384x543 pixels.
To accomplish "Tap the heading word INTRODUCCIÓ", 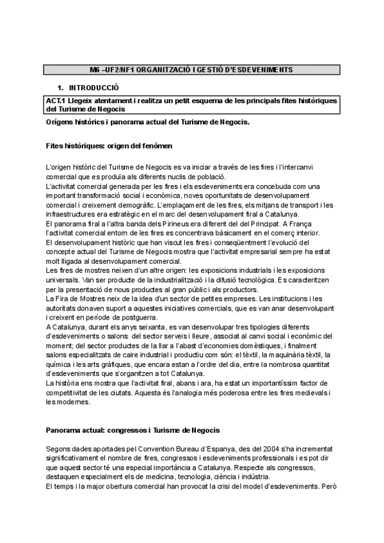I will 94,87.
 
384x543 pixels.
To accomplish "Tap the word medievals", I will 302,392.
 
